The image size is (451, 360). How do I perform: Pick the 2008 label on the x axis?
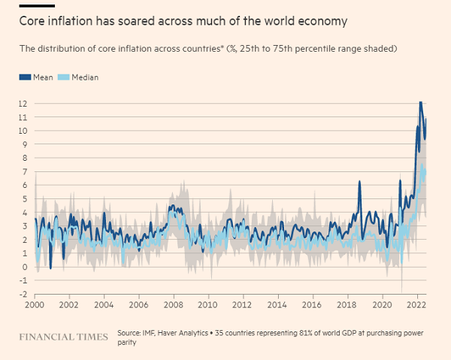(x=172, y=306)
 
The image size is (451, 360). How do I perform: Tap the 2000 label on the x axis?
(x=35, y=306)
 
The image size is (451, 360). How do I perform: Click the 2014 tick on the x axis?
(x=275, y=306)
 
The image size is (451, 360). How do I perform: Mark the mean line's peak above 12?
(x=420, y=101)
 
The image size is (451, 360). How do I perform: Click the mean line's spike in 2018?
(x=360, y=182)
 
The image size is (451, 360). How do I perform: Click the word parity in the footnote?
(x=129, y=343)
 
